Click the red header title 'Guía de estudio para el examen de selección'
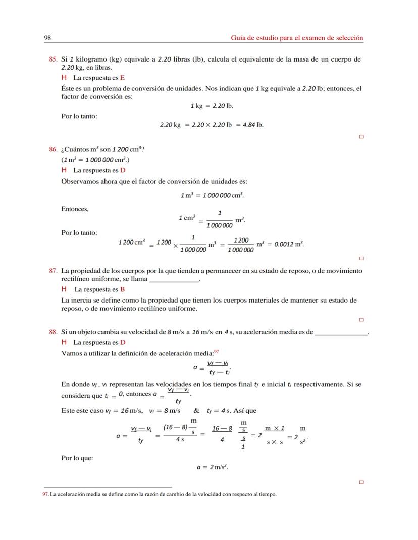point(297,38)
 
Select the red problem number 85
point(53,59)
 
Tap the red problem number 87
point(53,271)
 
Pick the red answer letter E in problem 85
point(122,78)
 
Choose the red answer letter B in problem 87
point(123,289)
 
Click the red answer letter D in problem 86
point(123,170)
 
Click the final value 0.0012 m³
point(286,244)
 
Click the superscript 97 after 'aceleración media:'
point(217,351)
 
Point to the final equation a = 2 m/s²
point(213,467)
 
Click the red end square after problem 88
point(361,482)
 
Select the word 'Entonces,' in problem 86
point(75,209)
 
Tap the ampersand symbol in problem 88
point(197,410)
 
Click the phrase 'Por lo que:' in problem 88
point(77,458)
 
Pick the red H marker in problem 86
point(64,170)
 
